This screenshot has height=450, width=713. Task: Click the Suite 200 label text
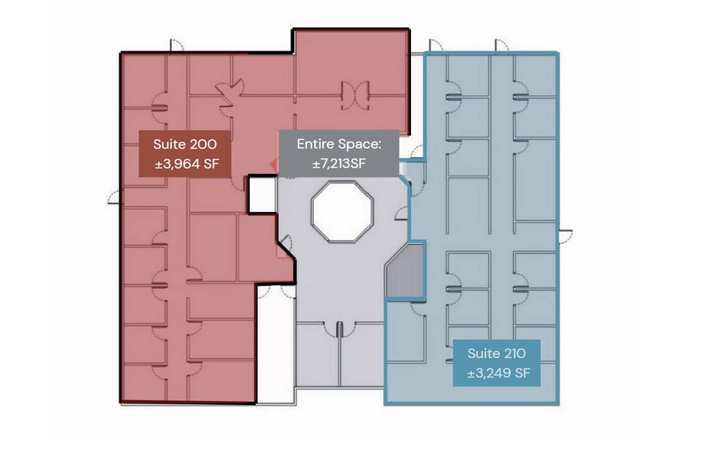click(x=184, y=144)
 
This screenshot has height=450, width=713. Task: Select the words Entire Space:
click(x=338, y=144)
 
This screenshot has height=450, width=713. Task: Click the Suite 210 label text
click(x=497, y=354)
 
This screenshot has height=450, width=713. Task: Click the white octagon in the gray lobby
click(x=342, y=211)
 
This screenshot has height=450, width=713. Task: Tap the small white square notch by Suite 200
click(x=260, y=195)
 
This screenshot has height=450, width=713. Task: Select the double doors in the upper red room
click(x=355, y=94)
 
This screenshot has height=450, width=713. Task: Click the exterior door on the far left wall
click(x=115, y=197)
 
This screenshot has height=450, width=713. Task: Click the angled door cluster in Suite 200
click(x=228, y=96)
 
